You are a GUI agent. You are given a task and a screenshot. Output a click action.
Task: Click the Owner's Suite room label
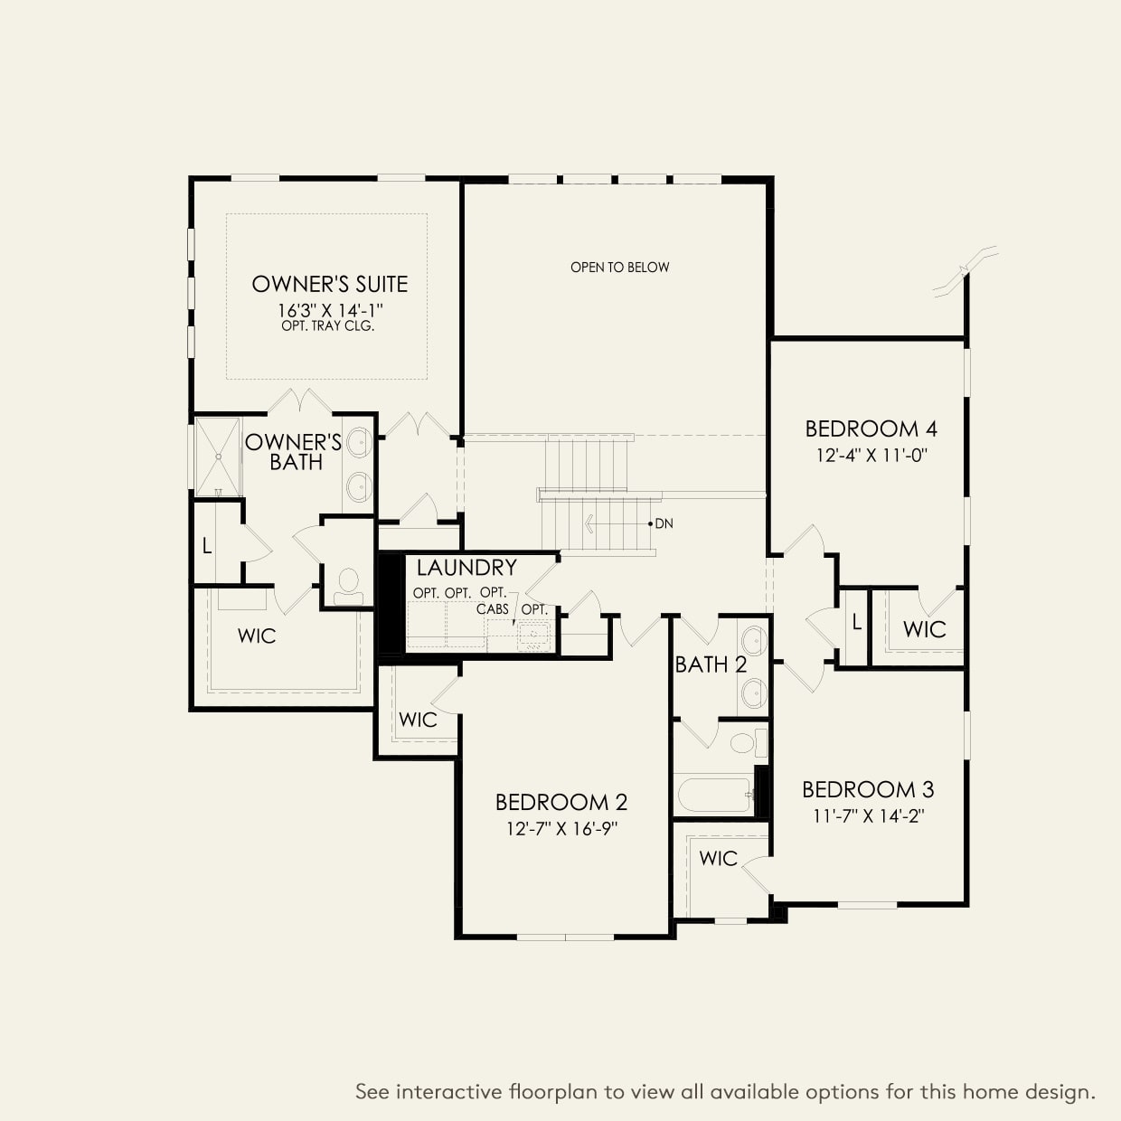coord(330,284)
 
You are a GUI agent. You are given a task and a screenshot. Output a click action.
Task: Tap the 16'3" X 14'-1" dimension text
coord(330,311)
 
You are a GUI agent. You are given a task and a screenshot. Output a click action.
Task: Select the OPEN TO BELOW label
coord(619,268)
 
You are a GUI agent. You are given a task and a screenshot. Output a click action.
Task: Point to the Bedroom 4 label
coord(871,429)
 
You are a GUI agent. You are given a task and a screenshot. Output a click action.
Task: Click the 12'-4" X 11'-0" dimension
coord(871,455)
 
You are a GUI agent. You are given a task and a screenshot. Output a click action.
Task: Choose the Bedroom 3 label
coord(868,789)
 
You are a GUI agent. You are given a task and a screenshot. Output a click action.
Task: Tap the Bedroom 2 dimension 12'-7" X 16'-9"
coord(561,828)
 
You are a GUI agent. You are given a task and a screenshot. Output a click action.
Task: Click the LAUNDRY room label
coord(466,567)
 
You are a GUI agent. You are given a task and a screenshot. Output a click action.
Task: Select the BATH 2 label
coord(711,664)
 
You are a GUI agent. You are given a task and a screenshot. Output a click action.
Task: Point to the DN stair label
coord(664,523)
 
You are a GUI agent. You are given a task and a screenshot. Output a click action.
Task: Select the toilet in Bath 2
coord(749,743)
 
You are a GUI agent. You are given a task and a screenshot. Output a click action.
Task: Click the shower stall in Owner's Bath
coord(218,457)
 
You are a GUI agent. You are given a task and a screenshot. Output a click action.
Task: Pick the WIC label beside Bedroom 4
coord(924,629)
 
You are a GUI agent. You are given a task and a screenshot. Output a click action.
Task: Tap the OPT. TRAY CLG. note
coord(327,325)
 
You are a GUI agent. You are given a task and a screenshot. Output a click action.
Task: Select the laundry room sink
coord(532,636)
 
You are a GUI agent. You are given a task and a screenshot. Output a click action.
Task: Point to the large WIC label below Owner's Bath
coord(257,636)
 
